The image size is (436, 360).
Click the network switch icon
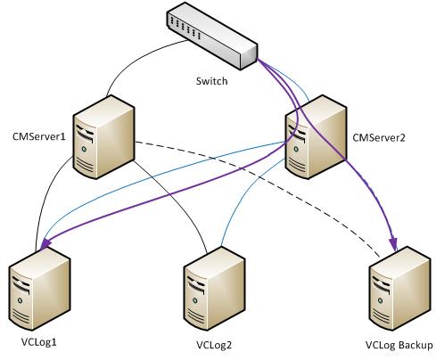pyautogui.click(x=211, y=37)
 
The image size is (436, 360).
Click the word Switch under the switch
pyautogui.click(x=211, y=80)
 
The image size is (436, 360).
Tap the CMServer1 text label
pyautogui.click(x=36, y=138)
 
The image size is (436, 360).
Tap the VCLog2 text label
pyautogui.click(x=215, y=345)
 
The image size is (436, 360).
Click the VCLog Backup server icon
pyautogui.click(x=396, y=289)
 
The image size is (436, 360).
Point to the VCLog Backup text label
pyautogui.click(x=399, y=345)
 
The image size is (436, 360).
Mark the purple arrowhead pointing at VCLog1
pyautogui.click(x=42, y=241)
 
